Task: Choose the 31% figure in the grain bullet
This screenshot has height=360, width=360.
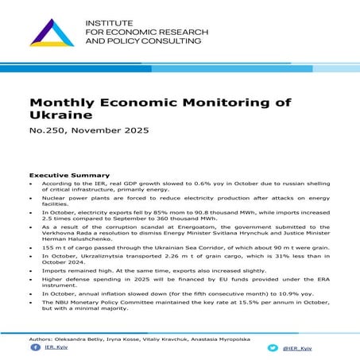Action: coord(269,259)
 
